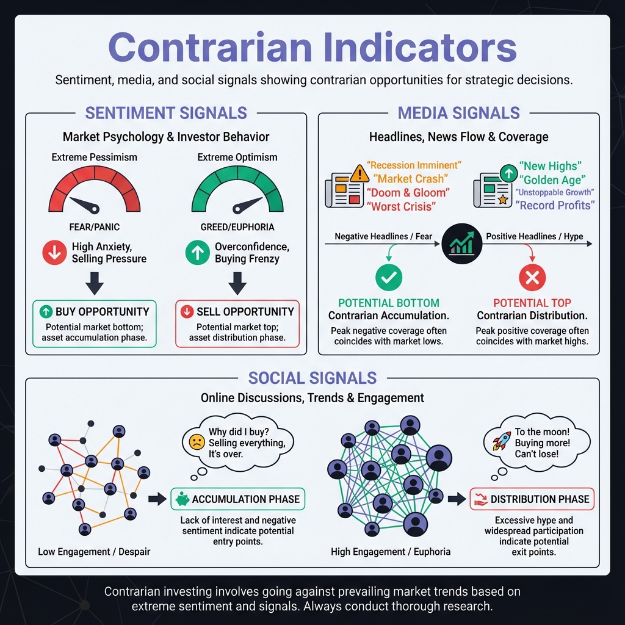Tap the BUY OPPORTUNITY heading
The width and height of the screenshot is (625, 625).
click(102, 311)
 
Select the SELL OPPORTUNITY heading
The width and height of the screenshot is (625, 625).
click(245, 311)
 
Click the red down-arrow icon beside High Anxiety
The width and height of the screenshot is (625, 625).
click(55, 253)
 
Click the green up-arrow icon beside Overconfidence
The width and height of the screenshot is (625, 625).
click(197, 253)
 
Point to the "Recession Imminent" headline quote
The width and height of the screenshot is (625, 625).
click(414, 165)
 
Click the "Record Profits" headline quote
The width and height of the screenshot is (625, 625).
click(555, 206)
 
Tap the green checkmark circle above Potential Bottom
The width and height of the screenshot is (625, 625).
click(388, 278)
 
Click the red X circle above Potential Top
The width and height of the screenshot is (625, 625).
click(532, 278)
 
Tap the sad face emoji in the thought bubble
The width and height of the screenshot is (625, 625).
click(197, 443)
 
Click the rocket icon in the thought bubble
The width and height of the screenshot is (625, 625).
click(501, 440)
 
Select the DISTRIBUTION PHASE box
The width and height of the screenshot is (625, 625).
click(532, 499)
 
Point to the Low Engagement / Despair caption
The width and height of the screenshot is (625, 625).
click(94, 552)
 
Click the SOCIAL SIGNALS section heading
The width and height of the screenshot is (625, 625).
click(312, 378)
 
